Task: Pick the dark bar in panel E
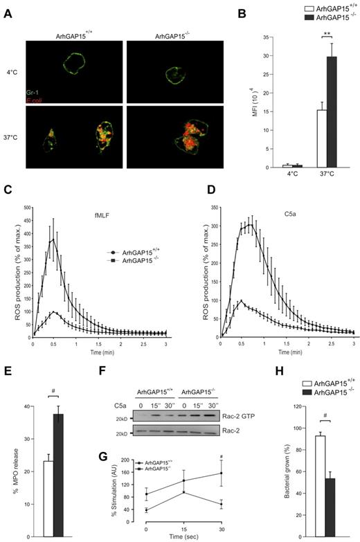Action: point(58,485)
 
